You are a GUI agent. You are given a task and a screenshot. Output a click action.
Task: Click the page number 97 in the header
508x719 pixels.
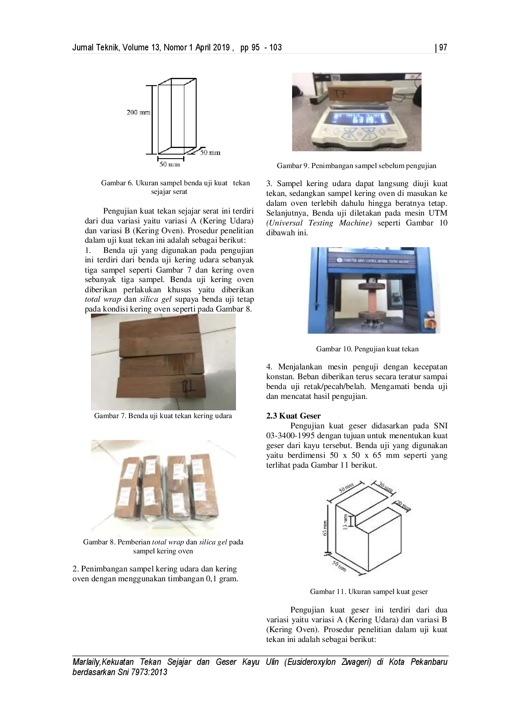pos(443,48)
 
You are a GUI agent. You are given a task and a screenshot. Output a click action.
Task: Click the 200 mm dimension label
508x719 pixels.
pos(138,112)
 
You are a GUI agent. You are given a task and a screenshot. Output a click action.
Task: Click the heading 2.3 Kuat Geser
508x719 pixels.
pos(293,416)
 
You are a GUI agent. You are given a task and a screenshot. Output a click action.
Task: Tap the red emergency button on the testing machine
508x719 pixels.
pos(431,314)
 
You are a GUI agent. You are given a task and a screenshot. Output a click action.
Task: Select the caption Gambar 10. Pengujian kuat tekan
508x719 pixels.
pos(367,349)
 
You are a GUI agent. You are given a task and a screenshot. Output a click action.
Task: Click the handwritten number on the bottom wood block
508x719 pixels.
pos(187,386)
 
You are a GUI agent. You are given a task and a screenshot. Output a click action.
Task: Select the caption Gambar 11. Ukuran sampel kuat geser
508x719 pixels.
pos(369,592)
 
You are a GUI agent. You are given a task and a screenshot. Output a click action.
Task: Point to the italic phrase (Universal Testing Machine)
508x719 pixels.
pos(319,223)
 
